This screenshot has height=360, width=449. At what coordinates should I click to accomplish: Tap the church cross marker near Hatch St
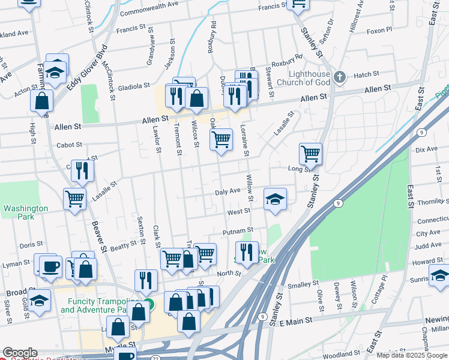pos(340,76)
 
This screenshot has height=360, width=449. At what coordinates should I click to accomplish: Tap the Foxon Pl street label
pos(379,29)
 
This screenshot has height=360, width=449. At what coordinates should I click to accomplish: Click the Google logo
pos(20,353)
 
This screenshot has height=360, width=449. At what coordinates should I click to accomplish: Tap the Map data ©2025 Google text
pos(412,355)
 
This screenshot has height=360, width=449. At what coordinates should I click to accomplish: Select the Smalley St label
pos(303,284)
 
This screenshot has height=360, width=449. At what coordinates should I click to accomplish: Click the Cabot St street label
pos(68,145)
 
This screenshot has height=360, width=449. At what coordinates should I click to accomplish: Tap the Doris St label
pos(28,245)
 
